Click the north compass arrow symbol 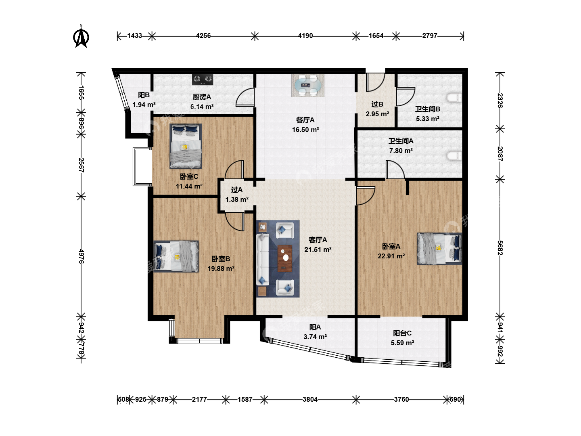tap(81, 36)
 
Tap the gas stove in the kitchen tap(203, 80)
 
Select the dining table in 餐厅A tap(308, 85)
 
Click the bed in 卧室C tap(186, 146)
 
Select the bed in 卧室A tap(439, 249)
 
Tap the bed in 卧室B tap(176, 256)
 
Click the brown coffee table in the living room tap(285, 259)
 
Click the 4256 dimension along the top tap(203, 36)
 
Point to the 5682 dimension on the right tap(500, 248)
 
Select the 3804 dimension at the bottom tap(310, 399)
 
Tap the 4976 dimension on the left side tap(81, 256)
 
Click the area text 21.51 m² tap(318, 249)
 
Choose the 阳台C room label tap(402, 333)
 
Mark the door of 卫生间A tap(395, 170)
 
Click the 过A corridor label tap(236, 190)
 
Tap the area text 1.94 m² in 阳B tap(144, 105)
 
